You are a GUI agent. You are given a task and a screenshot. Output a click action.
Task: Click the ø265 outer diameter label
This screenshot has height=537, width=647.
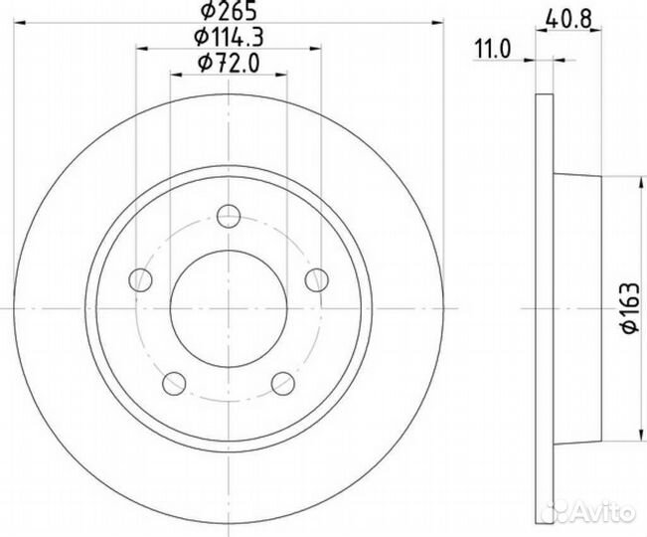click(228, 13)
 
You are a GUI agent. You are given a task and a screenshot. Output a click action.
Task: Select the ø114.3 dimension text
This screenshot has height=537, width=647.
click(228, 38)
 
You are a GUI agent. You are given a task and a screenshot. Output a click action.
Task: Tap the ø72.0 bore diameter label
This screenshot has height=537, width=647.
click(228, 65)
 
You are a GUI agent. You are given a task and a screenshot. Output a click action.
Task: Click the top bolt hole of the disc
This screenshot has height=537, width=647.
click(229, 213)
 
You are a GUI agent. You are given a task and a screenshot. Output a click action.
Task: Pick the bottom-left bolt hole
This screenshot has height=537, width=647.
click(174, 382)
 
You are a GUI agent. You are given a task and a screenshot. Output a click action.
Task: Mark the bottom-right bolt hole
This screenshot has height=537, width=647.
click(283, 382)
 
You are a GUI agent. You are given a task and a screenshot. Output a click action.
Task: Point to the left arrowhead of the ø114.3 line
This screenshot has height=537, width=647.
click(139, 49)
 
